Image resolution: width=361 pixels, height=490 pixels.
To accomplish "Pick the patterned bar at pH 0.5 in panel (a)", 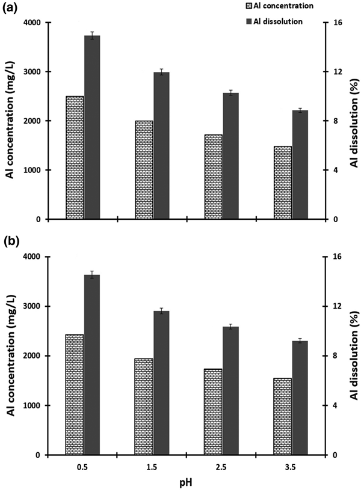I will tap(75, 157).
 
